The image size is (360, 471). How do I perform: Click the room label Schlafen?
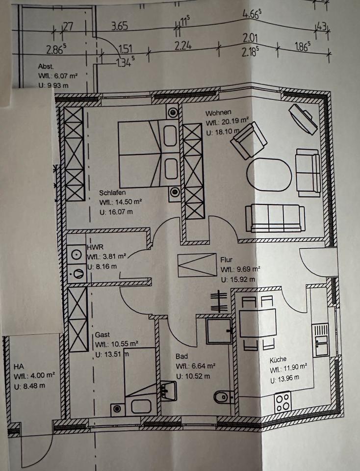[112, 192]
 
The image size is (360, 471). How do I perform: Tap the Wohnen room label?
[218, 112]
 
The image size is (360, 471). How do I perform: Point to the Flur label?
[226, 260]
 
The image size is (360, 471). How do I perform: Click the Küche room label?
[279, 359]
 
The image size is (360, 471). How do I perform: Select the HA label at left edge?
[19, 366]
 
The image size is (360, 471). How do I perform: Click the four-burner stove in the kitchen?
[283, 402]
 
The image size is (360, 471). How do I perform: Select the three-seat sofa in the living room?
[274, 217]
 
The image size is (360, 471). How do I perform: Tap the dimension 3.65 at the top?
[119, 26]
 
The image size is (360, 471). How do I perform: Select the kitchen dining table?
[258, 322]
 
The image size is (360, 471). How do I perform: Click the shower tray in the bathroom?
[219, 331]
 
